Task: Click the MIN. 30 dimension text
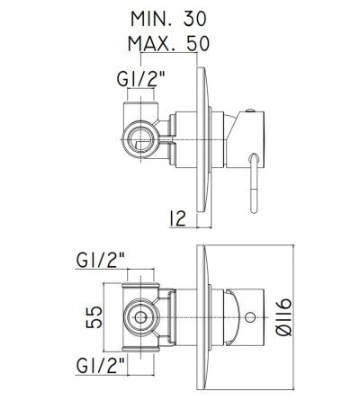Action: point(168,19)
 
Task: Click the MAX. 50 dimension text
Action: point(168,43)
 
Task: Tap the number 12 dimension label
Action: point(177,218)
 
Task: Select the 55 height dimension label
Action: point(94,316)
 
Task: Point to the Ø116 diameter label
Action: point(283,316)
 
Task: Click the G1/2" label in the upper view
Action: point(141,78)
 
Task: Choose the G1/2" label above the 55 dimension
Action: point(101,260)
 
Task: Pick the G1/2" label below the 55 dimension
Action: point(101,366)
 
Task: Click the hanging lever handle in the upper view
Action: point(254,183)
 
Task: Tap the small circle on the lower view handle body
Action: point(250,317)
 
